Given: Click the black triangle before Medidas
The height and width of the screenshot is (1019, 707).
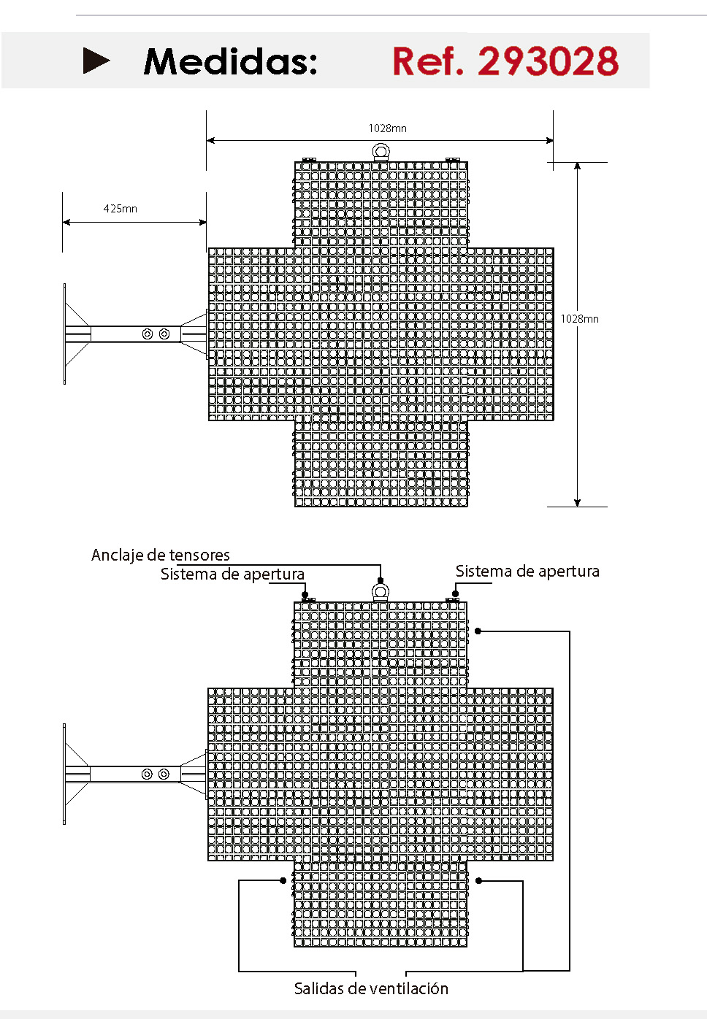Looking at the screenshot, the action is click(x=96, y=61).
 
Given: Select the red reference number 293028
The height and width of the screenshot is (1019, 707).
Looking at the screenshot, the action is click(x=548, y=61).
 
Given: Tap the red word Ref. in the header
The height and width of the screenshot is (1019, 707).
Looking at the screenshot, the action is click(x=427, y=61).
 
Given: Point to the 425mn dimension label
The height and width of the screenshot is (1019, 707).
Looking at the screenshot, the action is click(x=121, y=208).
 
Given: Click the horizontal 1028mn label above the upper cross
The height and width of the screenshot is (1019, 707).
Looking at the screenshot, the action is click(x=387, y=128).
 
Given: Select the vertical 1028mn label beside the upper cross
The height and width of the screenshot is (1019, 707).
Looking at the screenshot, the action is click(x=579, y=318).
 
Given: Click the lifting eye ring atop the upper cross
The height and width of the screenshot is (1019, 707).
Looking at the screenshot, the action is click(x=381, y=152).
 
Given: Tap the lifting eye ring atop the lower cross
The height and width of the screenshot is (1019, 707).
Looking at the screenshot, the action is click(x=381, y=592).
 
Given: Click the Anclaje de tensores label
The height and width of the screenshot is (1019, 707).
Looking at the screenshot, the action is click(x=160, y=555).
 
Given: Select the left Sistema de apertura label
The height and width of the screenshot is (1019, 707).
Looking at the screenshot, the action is click(x=232, y=574).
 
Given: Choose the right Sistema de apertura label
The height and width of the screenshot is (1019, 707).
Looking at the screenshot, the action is click(x=527, y=571).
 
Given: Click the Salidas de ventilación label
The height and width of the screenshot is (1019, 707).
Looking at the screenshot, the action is click(x=371, y=988).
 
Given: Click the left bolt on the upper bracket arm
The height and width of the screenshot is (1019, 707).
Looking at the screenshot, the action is click(x=148, y=334).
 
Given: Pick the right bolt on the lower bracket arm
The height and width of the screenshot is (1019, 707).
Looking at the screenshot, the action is click(x=164, y=774).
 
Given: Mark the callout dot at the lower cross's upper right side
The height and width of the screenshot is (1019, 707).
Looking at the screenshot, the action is click(x=478, y=631).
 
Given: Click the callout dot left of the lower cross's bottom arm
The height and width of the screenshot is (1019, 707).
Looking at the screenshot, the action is click(x=283, y=881).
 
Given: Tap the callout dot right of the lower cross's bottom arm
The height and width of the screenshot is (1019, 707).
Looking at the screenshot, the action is click(x=478, y=881).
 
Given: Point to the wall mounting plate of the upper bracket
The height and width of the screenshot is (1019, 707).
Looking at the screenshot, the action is click(x=65, y=334).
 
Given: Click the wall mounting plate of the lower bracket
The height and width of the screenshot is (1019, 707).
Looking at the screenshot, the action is click(x=64, y=774).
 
